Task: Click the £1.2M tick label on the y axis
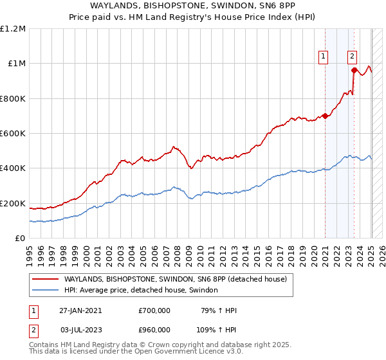pos(13,28)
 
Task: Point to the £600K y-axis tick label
pos(13,133)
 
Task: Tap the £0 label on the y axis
pos(20,238)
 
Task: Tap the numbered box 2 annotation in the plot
pos(353,56)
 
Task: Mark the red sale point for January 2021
pos(326,116)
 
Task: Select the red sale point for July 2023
pos(354,71)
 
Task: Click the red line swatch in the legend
pos(46,279)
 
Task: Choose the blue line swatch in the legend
pos(46,291)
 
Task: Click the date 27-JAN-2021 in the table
pos(80,310)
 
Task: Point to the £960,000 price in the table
pos(154,328)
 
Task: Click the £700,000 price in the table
pos(154,310)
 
